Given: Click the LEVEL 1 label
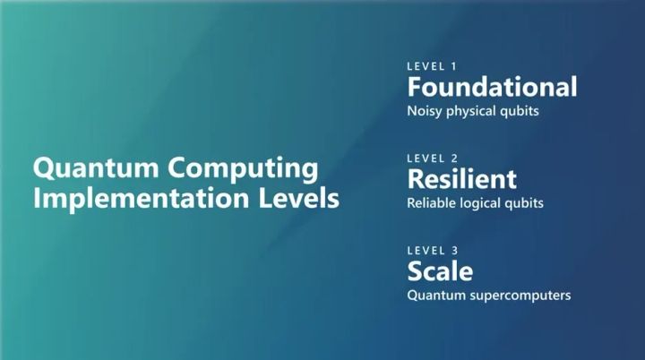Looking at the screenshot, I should [431, 66].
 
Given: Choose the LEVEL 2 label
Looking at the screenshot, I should [432, 158].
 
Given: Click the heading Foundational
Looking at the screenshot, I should [492, 87].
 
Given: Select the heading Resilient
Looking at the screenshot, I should [461, 178].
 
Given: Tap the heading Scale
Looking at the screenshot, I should [440, 270].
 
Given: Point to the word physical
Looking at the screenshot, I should [475, 113].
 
